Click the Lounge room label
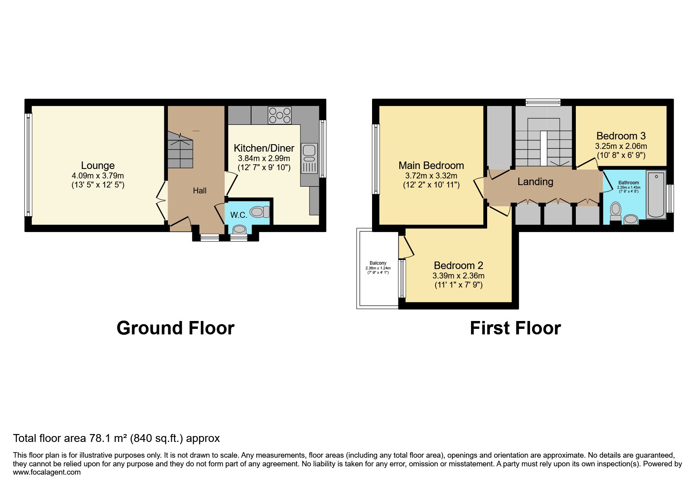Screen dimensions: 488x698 tap(98, 165)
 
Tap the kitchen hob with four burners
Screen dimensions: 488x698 tap(279, 115)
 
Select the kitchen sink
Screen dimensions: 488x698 tap(309, 158)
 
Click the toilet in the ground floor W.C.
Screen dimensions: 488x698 tap(259, 212)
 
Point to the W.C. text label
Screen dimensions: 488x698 tap(238, 215)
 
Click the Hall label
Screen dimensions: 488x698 tap(199, 191)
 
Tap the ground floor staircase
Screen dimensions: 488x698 tap(181, 150)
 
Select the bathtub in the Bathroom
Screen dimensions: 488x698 tap(656, 194)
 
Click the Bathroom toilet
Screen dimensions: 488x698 tap(615, 211)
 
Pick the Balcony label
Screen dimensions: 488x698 tap(378, 263)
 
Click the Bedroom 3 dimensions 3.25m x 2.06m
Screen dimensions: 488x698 tap(621, 146)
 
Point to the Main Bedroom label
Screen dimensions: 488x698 tap(431, 165)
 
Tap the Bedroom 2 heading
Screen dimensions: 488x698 tap(458, 265)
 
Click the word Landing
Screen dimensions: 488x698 tap(535, 182)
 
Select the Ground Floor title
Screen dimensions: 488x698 tap(175, 328)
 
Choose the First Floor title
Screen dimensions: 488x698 tap(515, 328)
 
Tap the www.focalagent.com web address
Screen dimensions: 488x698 tap(47, 472)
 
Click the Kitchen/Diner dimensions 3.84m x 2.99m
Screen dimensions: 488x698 tap(264, 158)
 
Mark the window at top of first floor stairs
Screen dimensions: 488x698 tap(543, 102)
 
